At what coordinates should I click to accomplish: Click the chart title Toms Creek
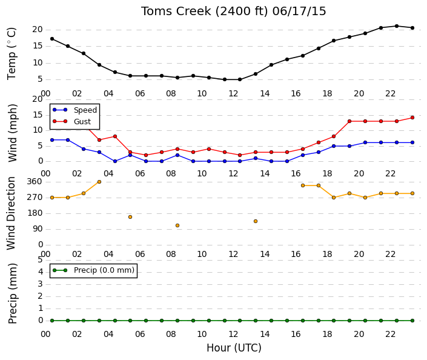point(176,12)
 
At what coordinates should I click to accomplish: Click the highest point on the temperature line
point(397,26)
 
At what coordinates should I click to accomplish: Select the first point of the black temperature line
point(52,39)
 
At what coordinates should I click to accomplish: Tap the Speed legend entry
point(74,110)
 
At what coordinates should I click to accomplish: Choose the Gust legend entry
point(71,122)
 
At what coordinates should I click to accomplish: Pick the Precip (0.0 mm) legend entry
point(93,270)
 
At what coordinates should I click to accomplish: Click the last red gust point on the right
point(412,118)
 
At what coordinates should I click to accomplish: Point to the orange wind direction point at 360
point(99,182)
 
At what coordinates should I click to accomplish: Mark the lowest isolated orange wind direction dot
point(177,225)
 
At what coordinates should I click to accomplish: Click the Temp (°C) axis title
point(12,54)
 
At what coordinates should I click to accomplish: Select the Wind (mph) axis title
point(13,133)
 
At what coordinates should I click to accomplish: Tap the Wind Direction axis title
point(11,213)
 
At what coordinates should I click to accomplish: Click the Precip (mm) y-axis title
point(13,293)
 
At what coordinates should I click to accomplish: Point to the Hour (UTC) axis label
point(234,348)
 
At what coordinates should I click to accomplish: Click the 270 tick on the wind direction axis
point(35,198)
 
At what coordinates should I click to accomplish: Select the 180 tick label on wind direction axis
point(35,213)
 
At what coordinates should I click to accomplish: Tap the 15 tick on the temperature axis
point(38,46)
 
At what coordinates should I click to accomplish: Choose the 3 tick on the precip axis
point(41,284)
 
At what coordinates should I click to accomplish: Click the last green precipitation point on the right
point(412,321)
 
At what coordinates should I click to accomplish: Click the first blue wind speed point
point(52,140)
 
